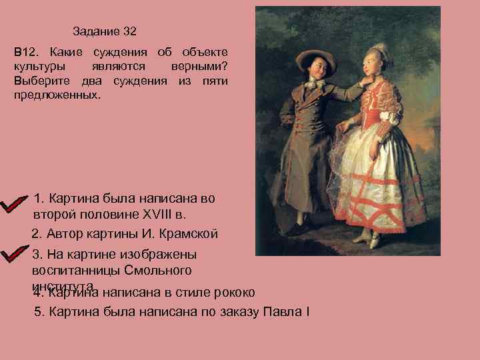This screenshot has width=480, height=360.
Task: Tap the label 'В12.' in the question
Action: (x=25, y=52)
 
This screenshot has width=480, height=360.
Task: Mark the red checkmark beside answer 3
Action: (x=15, y=257)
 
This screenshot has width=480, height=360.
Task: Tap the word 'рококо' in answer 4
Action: (x=232, y=292)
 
